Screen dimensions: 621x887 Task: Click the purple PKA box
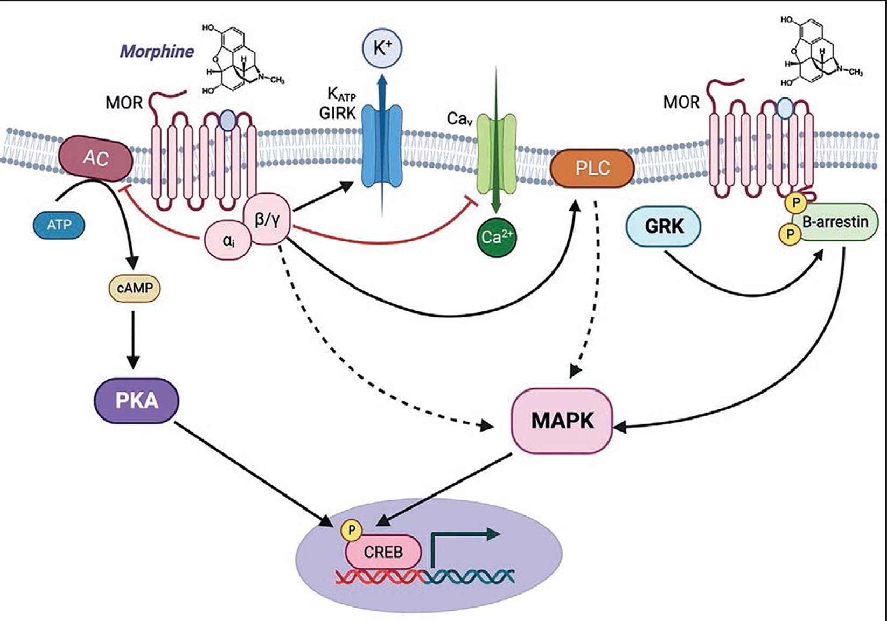click(x=136, y=401)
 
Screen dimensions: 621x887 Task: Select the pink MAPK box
click(x=562, y=420)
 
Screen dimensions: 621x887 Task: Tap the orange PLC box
click(x=592, y=168)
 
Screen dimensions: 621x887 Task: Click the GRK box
click(x=663, y=227)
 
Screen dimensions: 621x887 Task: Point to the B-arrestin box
click(x=835, y=221)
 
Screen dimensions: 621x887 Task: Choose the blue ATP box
click(x=59, y=225)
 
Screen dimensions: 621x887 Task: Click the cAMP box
click(x=135, y=288)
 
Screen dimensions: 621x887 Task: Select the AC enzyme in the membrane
click(x=96, y=158)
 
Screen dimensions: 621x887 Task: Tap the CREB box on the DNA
click(x=383, y=552)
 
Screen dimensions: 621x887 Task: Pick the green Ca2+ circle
click(x=497, y=236)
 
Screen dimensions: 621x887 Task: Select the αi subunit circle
click(x=228, y=241)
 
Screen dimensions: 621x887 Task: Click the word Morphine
click(x=157, y=52)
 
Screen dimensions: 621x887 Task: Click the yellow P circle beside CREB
click(x=352, y=531)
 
